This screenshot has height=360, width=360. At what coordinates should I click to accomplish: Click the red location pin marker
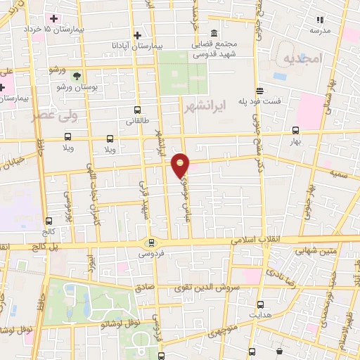tap(181, 165)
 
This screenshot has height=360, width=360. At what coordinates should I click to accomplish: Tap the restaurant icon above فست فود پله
tap(259, 91)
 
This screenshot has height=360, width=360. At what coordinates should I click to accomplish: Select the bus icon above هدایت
tap(261, 304)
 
